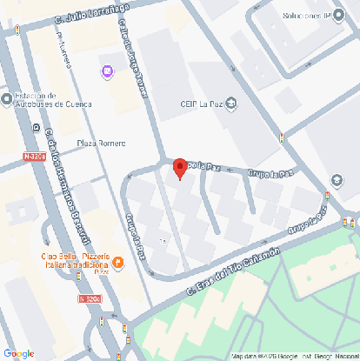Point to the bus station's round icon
pyautogui.click(x=7, y=98)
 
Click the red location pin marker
pyautogui.click(x=180, y=168)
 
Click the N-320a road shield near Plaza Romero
pyautogui.click(x=33, y=157)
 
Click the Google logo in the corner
pyautogui.click(x=18, y=353)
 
